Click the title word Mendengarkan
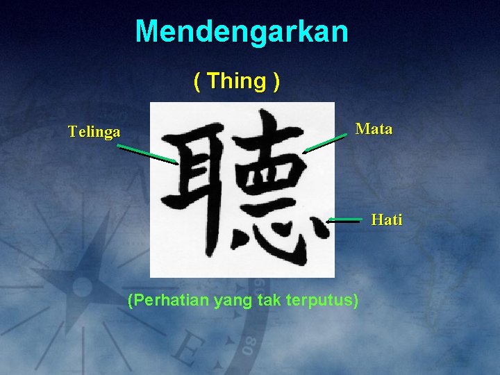pyautogui.click(x=242, y=32)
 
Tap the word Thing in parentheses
pyautogui.click(x=236, y=81)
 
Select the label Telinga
pyautogui.click(x=94, y=131)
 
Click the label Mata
pyautogui.click(x=374, y=128)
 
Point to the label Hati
pyautogui.click(x=386, y=220)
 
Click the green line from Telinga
pyautogui.click(x=147, y=154)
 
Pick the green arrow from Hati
pyautogui.click(x=345, y=219)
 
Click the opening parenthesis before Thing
pyautogui.click(x=198, y=82)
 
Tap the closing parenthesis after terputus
pyautogui.click(x=356, y=301)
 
